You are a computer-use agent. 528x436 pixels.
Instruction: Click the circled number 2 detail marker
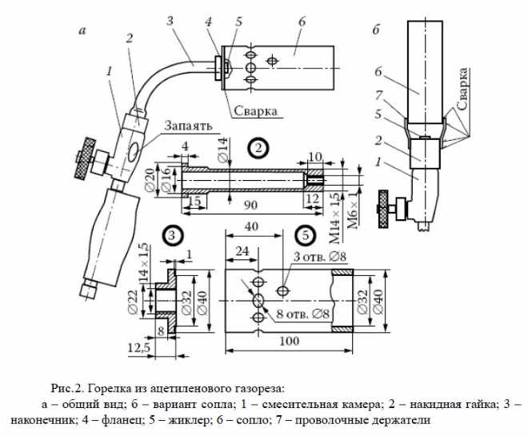click(258, 148)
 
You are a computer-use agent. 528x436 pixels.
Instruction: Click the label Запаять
click(188, 126)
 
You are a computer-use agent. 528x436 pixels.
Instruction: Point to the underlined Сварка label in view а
click(254, 111)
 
